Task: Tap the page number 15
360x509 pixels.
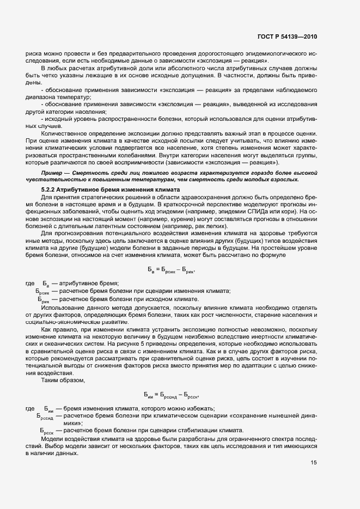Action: (314, 463)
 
